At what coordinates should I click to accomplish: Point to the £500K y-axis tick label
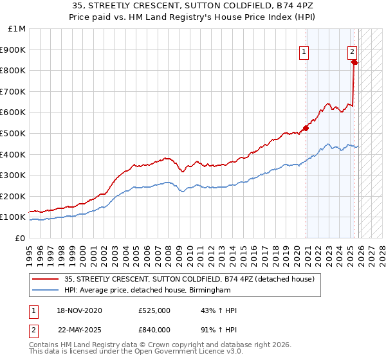pyautogui.click(x=14, y=134)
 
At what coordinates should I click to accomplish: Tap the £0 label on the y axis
pyautogui.click(x=21, y=239)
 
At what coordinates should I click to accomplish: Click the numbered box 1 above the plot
pyautogui.click(x=303, y=53)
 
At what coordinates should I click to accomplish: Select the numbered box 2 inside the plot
pyautogui.click(x=353, y=53)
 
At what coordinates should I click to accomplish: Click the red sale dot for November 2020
pyautogui.click(x=306, y=127)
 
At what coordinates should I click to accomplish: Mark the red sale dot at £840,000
pyautogui.click(x=354, y=62)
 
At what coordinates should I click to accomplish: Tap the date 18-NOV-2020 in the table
pyautogui.click(x=80, y=310)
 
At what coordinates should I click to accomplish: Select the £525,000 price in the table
pyautogui.click(x=154, y=310)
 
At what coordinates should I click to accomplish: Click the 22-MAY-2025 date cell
pyautogui.click(x=80, y=329)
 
